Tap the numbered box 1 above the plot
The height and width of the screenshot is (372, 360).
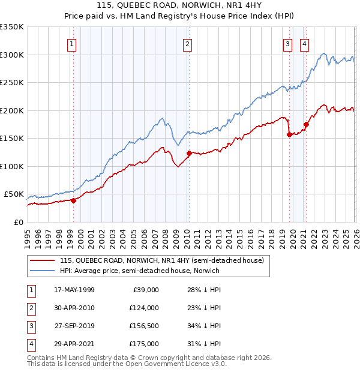pyautogui.click(x=71, y=43)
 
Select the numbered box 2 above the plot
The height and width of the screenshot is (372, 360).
pyautogui.click(x=188, y=43)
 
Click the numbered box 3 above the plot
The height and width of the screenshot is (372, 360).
pyautogui.click(x=287, y=43)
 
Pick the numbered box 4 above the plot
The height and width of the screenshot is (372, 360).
pyautogui.click(x=304, y=43)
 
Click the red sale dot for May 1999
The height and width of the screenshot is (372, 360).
pyautogui.click(x=73, y=200)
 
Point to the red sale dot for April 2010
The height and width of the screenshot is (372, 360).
pyautogui.click(x=189, y=153)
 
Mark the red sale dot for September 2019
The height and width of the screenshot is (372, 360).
pyautogui.click(x=289, y=135)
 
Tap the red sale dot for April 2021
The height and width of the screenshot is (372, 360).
pyautogui.click(x=306, y=125)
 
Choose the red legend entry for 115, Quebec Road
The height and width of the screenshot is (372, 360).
pyautogui.click(x=161, y=260)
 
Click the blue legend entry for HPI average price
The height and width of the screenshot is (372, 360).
pyautogui.click(x=140, y=271)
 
